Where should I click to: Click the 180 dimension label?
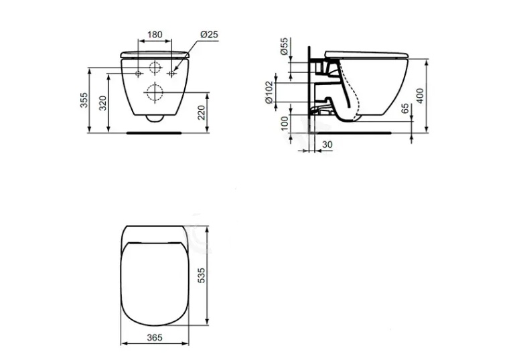click(155, 35)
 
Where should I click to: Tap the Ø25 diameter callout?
click(209, 35)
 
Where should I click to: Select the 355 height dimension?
click(84, 100)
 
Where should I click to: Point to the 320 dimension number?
click(102, 103)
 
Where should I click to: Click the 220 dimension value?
click(202, 112)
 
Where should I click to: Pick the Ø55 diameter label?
click(284, 46)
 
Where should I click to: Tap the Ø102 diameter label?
click(269, 92)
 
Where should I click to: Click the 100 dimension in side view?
click(285, 123)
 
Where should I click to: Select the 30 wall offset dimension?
click(327, 145)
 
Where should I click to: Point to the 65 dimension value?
click(405, 108)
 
